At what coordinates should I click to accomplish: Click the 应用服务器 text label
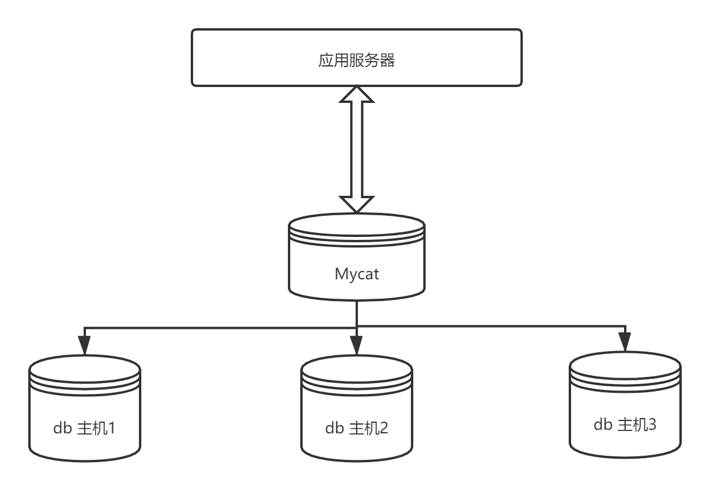click(x=356, y=60)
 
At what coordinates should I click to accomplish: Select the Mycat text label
click(x=357, y=273)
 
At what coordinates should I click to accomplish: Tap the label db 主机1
click(x=84, y=427)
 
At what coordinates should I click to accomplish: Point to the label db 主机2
click(x=356, y=427)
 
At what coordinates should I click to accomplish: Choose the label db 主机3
click(x=625, y=424)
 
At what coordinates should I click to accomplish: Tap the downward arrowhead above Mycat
click(x=357, y=203)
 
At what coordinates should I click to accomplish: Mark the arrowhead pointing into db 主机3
click(x=625, y=341)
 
